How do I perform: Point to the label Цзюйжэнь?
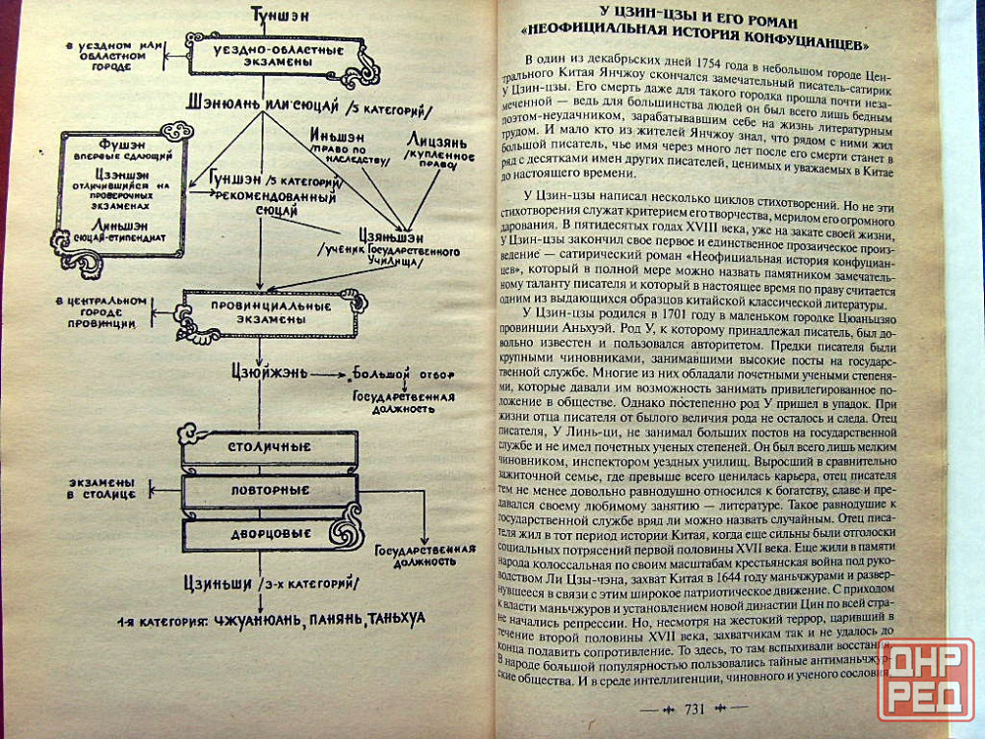point(260,374)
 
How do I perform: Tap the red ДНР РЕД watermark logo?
point(925,679)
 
